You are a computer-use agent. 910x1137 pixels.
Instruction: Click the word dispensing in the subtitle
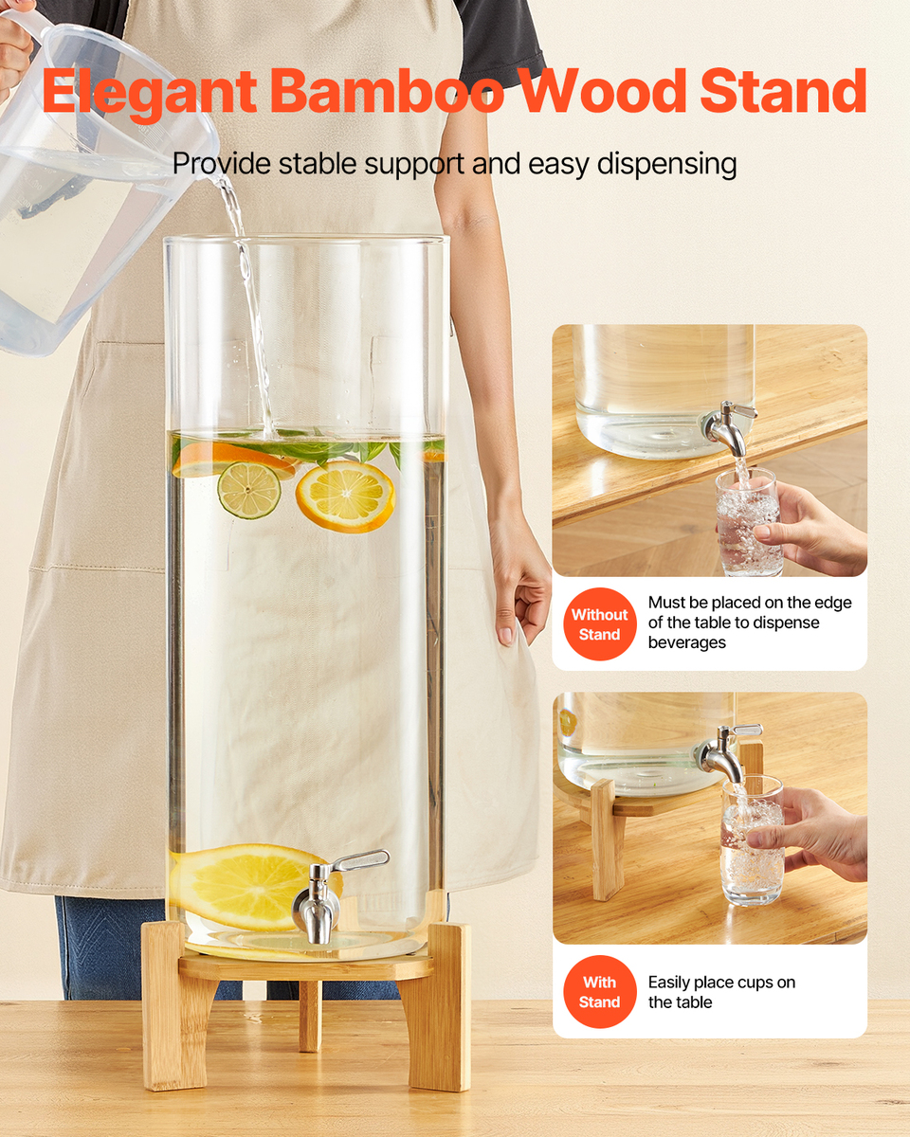[x=666, y=165]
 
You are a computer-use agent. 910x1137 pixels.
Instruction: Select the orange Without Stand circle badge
[x=600, y=624]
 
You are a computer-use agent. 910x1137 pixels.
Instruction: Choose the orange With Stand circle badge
[x=600, y=992]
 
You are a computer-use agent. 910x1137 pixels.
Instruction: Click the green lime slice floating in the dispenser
[x=249, y=490]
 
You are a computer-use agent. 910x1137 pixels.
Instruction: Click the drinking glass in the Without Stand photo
[x=748, y=522]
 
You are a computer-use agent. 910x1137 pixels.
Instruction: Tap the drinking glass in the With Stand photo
[x=753, y=840]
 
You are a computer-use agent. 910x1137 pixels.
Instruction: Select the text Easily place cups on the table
[x=721, y=992]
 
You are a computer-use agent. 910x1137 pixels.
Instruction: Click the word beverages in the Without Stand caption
[x=687, y=642]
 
